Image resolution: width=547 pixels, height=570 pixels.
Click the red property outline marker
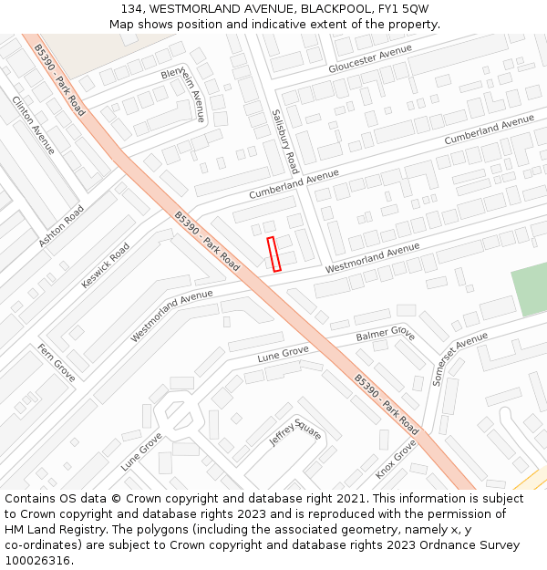click(x=273, y=254)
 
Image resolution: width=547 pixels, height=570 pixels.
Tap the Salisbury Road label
click(x=285, y=141)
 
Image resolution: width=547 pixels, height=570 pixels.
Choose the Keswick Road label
click(x=106, y=264)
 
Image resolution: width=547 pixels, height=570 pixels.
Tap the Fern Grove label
click(x=57, y=362)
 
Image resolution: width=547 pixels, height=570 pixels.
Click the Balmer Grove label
click(x=385, y=336)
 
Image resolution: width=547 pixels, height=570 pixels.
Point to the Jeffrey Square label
click(x=295, y=432)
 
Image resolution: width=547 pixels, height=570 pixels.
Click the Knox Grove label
click(x=396, y=459)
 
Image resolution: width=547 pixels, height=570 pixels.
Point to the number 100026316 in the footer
click(x=36, y=561)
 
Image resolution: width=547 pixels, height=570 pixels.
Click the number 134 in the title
click(x=132, y=8)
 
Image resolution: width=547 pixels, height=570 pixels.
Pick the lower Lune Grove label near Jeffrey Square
click(x=141, y=451)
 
